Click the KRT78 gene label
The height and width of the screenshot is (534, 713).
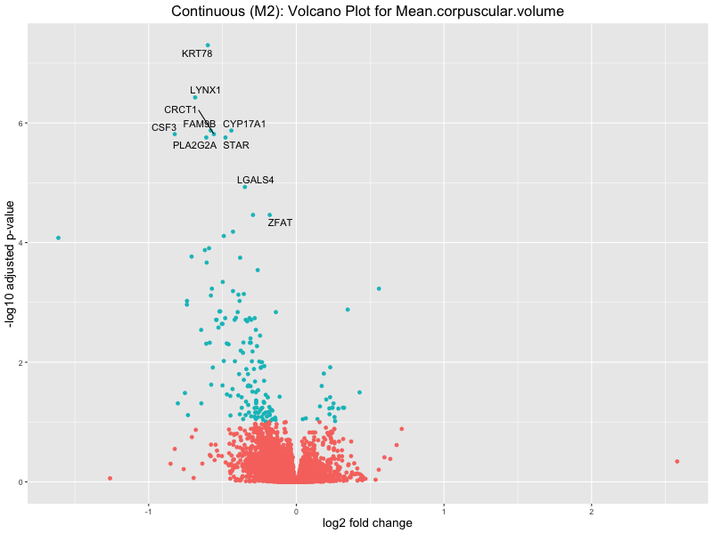197,54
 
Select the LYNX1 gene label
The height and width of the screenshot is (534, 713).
205,91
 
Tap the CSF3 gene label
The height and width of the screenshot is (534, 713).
164,128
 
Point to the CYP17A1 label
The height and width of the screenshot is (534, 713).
244,125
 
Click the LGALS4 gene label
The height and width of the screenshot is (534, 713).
256,181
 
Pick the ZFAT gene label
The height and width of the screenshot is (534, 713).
280,223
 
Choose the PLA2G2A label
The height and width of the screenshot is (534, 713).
194,145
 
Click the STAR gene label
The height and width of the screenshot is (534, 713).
236,145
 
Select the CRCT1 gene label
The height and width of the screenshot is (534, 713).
181,110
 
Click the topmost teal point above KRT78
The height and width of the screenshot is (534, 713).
208,45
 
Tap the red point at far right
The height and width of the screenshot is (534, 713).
677,461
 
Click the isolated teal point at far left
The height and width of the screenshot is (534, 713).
58,238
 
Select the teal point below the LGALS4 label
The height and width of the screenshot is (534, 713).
245,187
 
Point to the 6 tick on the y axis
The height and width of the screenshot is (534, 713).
20,123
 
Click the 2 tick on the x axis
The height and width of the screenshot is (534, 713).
592,510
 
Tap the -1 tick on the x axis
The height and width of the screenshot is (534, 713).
149,510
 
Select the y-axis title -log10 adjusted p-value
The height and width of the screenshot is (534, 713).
10,263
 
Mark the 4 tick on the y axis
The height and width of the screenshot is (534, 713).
20,243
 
